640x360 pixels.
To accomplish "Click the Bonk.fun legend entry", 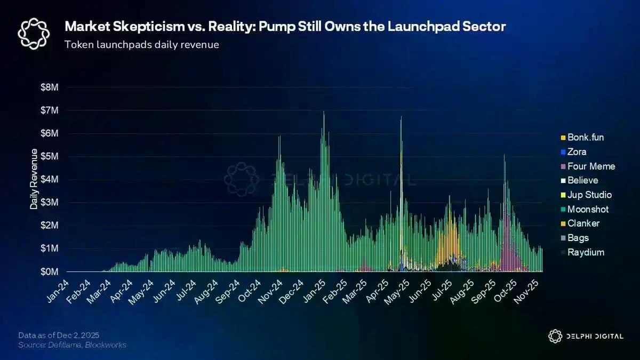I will (586, 137).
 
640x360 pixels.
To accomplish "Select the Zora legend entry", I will (577, 152).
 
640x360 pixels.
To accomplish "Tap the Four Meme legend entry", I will (591, 166).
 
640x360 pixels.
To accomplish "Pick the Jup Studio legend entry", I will (589, 195).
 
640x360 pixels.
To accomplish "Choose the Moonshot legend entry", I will (588, 210).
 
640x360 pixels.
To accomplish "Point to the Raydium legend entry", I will (586, 252).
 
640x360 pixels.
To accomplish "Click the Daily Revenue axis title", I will (34, 179).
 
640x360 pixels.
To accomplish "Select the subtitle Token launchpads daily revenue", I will (141, 44).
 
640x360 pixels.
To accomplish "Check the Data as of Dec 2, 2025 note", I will (59, 335).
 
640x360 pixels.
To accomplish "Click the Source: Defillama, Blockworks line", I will (72, 345).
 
